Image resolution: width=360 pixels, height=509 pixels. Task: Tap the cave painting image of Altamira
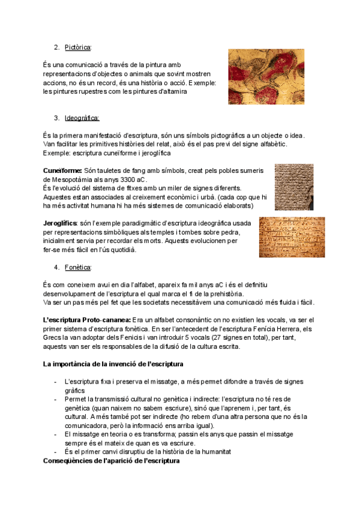click(x=276, y=76)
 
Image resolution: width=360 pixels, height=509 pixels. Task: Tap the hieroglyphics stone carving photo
click(x=292, y=238)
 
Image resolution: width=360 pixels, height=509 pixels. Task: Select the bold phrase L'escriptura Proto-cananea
click(x=86, y=320)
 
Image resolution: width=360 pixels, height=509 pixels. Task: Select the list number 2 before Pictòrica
click(x=56, y=47)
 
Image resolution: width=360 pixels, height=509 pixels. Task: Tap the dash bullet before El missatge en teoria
click(x=56, y=433)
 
